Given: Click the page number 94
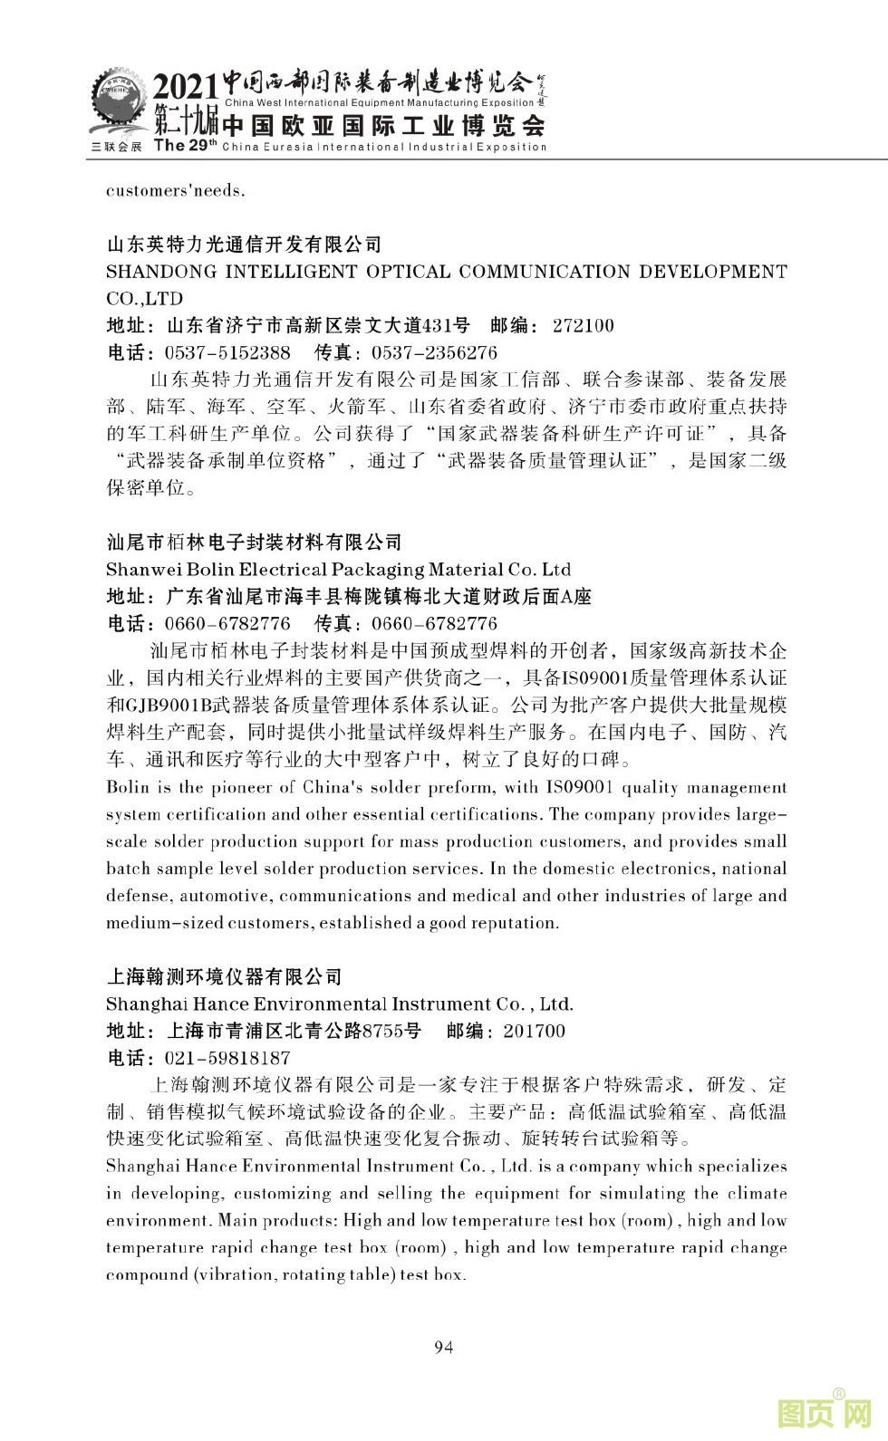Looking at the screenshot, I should [444, 1347].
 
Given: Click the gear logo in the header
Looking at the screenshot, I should [118, 106].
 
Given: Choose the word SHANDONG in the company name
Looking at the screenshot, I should [161, 272].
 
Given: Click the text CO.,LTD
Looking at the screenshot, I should [144, 299].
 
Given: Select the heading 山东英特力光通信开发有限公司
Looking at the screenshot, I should [244, 245].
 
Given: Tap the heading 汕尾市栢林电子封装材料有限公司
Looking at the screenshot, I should [254, 543].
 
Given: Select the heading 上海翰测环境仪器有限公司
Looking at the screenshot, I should [225, 976].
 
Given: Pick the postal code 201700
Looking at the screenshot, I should [534, 1031].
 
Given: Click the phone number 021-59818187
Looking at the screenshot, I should [227, 1058].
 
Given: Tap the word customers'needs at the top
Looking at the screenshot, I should [175, 191].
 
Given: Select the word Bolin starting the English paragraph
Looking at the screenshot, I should [128, 787].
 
